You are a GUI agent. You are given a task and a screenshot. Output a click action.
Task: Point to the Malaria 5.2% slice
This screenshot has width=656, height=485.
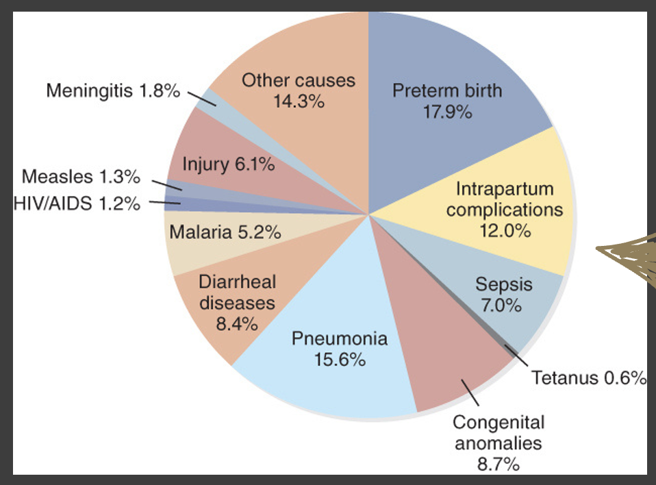click(222, 238)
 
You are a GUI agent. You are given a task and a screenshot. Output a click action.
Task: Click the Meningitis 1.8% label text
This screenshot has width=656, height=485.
click(113, 90)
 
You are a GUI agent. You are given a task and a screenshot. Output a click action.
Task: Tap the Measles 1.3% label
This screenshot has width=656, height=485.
click(81, 177)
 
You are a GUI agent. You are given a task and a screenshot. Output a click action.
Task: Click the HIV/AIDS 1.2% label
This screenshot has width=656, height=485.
click(77, 203)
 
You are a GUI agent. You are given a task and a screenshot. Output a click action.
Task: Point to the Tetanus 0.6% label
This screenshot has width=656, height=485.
click(589, 378)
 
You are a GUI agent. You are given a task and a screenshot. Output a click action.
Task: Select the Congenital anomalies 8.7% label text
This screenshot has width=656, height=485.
click(499, 443)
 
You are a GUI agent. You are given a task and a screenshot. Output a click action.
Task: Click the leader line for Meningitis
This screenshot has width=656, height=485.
click(201, 99)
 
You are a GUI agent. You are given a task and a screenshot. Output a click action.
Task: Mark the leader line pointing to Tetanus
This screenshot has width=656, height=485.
click(516, 357)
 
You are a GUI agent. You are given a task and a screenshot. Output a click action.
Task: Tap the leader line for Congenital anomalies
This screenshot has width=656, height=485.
click(470, 393)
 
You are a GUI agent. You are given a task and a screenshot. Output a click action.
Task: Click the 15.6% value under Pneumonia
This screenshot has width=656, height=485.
click(340, 360)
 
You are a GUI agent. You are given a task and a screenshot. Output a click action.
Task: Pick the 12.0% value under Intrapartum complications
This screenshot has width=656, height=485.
click(505, 231)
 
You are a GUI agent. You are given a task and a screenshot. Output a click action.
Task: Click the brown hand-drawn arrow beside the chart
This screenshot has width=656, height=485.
click(627, 256)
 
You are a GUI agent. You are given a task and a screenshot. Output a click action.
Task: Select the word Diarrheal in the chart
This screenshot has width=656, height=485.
click(237, 282)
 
